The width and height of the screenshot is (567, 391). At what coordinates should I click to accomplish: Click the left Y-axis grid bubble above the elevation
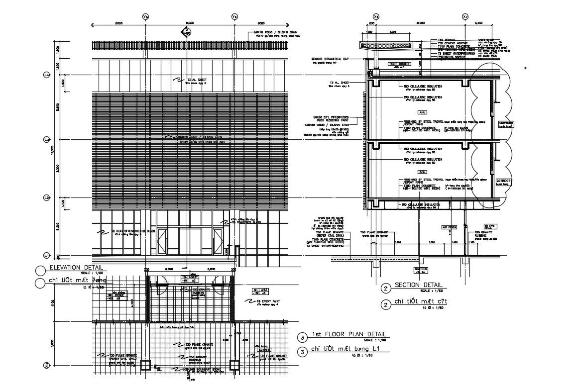(x=145, y=16)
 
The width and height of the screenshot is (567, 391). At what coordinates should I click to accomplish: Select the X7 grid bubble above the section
(x=465, y=16)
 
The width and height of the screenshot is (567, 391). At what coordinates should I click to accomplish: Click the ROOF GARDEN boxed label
(x=399, y=64)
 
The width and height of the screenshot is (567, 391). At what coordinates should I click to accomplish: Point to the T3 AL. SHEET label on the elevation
(x=196, y=80)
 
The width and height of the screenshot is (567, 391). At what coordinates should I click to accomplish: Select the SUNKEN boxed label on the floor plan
(x=264, y=350)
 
